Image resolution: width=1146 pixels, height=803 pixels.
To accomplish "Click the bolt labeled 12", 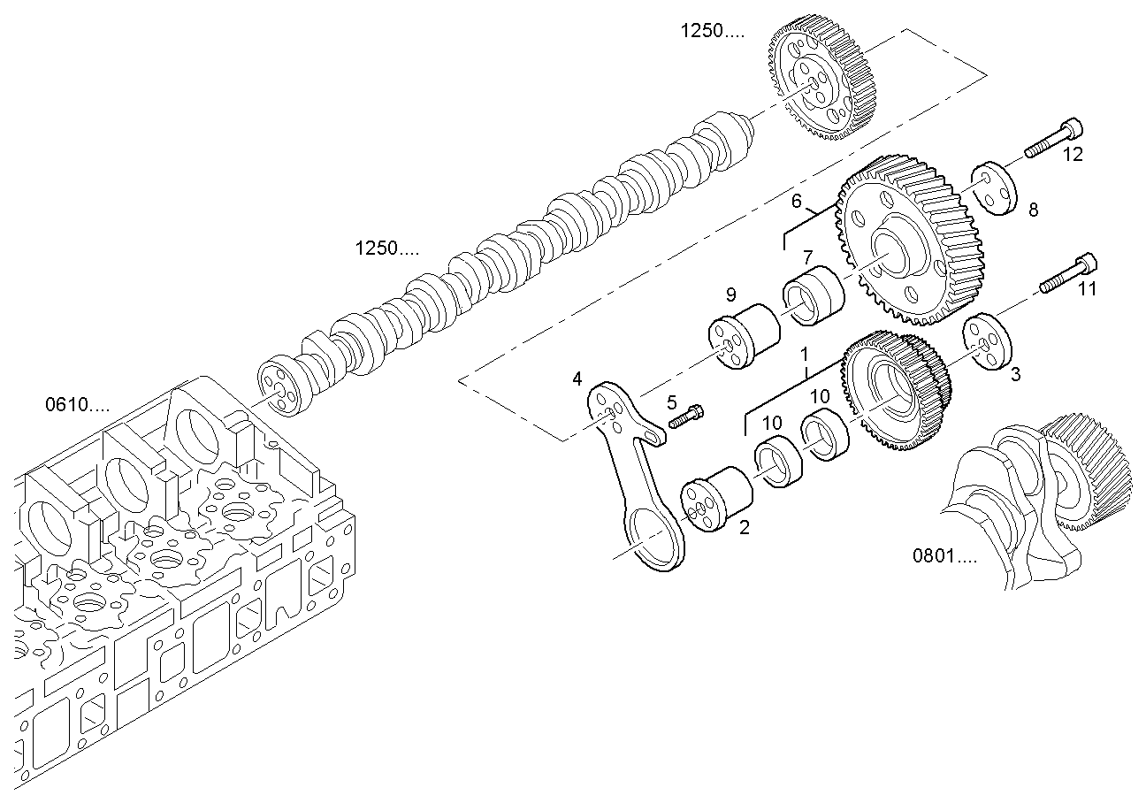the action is (1054, 138).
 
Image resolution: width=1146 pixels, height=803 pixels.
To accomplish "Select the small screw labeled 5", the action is (686, 417).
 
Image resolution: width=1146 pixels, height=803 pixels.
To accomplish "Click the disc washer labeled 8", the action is (994, 188).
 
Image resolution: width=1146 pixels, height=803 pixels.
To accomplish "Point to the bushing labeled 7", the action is (814, 295).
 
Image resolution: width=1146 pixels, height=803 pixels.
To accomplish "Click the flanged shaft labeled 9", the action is (745, 336).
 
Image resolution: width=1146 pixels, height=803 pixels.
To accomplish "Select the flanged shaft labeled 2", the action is (717, 499).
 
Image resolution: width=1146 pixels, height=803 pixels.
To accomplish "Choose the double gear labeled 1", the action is (896, 390).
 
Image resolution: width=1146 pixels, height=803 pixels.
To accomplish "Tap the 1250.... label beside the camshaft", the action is (386, 249).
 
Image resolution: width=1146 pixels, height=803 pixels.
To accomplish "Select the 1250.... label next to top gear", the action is (712, 31).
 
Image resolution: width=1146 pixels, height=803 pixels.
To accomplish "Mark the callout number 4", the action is (577, 379).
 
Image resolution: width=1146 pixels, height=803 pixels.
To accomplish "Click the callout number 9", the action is (731, 294).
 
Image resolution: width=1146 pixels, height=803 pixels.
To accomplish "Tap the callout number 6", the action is (796, 201).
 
